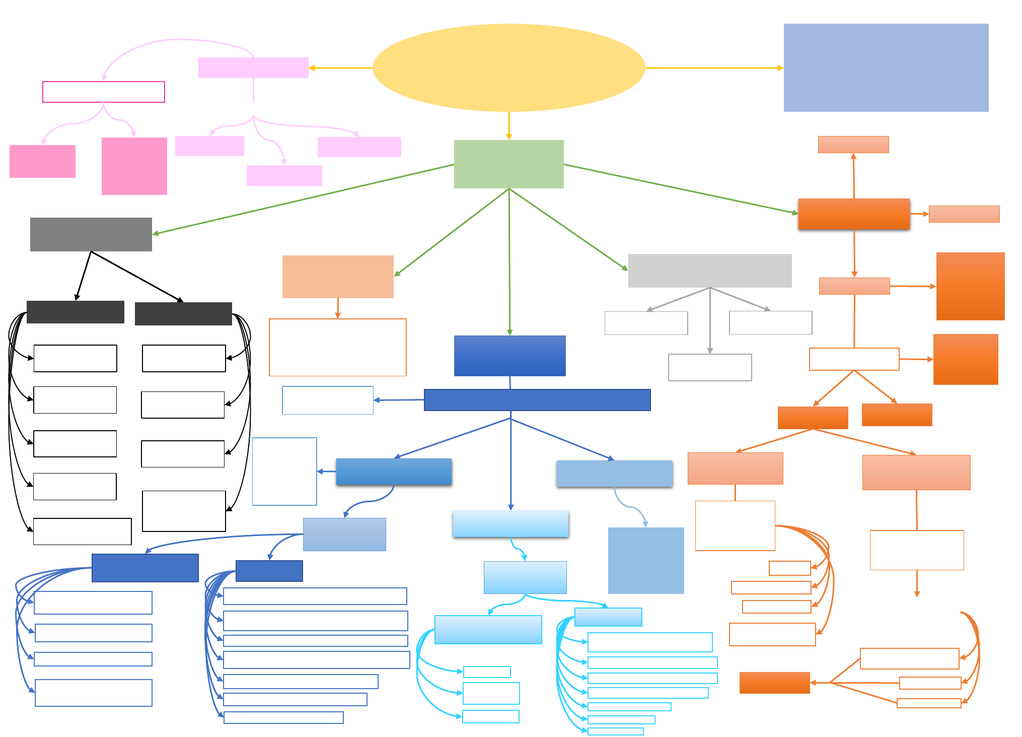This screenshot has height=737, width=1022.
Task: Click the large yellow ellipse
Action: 508,68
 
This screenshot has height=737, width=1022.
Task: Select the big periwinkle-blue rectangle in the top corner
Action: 886,68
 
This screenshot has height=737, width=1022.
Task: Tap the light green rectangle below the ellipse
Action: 508,164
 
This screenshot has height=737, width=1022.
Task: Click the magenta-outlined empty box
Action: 104,92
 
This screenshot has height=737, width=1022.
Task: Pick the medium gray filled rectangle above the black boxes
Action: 91,234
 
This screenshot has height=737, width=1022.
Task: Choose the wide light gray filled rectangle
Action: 709,271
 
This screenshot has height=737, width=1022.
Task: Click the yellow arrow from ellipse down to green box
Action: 509,126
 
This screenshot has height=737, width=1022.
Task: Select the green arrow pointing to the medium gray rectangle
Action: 302,199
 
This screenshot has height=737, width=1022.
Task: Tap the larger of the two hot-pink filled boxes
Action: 134,166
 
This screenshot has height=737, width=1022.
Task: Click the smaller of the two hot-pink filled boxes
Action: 42,161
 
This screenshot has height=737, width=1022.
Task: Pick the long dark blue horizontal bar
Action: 537,399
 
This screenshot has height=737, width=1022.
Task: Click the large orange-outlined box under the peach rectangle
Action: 337,347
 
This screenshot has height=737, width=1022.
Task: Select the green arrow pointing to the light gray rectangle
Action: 569,230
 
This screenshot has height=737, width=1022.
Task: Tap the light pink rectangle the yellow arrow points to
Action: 253,68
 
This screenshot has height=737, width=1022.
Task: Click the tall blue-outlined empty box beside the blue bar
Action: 284,471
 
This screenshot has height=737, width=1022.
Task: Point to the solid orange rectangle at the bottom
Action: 774,683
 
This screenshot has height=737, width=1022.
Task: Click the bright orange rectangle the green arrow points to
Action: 854,214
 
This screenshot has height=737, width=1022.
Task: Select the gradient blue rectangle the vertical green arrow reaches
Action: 509,356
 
